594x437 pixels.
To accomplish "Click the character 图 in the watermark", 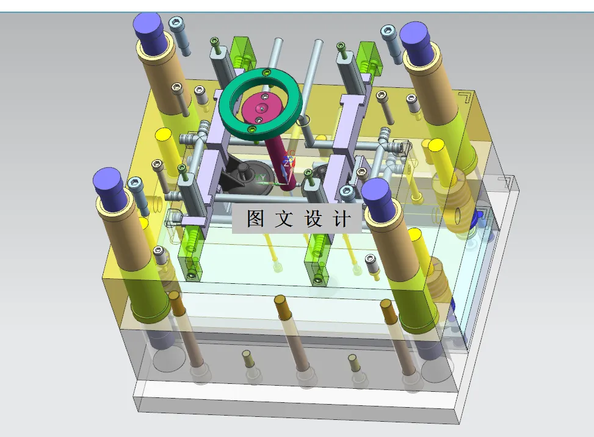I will click(255, 218).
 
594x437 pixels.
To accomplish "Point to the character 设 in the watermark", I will click(313, 218).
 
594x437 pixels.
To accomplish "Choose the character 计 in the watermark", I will click(342, 218).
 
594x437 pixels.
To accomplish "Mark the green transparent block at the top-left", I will click(242, 52).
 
